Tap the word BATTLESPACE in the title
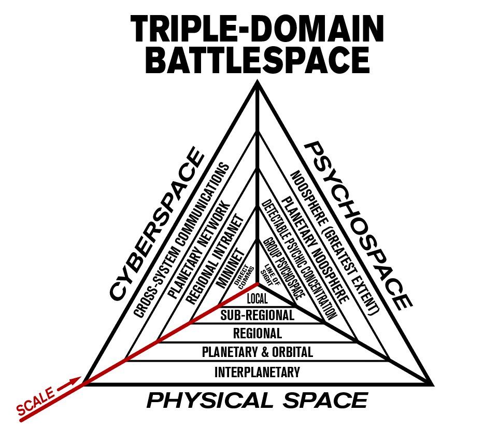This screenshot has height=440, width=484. click(258, 61)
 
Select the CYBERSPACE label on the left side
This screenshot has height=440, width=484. click(155, 223)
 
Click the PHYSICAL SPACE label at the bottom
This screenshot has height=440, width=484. click(257, 401)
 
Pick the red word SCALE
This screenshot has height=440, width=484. click(35, 402)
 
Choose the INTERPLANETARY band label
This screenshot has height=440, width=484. click(257, 372)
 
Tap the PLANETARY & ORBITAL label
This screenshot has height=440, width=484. click(257, 352)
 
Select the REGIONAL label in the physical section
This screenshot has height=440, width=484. click(257, 333)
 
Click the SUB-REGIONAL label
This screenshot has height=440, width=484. click(257, 315)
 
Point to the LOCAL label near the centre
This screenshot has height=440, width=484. click(257, 299)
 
